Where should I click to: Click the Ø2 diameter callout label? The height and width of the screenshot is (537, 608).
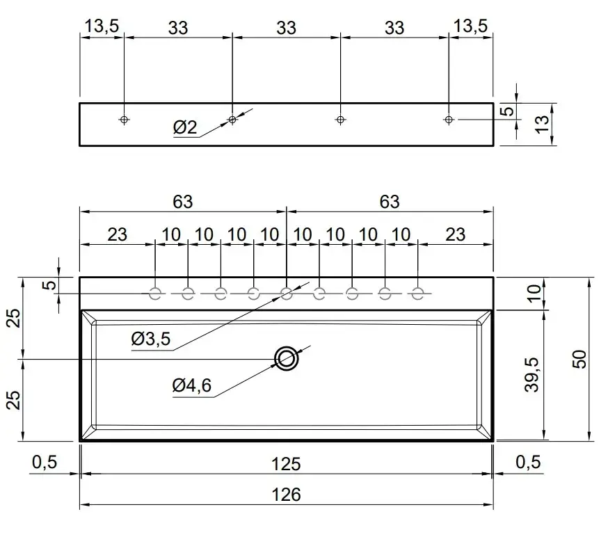coord(185,127)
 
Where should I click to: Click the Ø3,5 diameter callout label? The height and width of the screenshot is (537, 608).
coord(151,339)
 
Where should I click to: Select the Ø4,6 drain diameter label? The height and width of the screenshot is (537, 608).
coord(191,385)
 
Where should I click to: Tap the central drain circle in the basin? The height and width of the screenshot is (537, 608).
coord(287,358)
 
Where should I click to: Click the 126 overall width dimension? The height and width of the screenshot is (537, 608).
coord(286,495)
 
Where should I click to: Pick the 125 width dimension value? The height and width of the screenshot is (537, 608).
coord(286,464)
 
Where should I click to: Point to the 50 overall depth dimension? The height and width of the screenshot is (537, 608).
coord(579,359)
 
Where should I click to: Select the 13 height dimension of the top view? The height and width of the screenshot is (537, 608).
coord(543,124)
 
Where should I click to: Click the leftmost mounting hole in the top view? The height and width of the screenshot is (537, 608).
coord(124,120)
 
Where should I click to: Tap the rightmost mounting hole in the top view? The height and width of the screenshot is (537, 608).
coord(449,120)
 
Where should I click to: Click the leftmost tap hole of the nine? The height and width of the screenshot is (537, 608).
coord(155,294)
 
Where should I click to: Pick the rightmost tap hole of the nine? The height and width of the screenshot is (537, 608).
coord(417,294)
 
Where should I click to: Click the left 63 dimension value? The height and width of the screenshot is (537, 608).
coord(183,202)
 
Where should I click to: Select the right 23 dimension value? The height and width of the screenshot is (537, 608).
coord(455,234)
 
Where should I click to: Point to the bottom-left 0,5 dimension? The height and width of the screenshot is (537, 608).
coord(45,462)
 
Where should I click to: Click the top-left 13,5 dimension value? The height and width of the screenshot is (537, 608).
coord(102,26)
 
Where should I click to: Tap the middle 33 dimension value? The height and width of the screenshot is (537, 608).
coord(286,28)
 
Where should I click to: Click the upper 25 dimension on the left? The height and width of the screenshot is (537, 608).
coord(14,318)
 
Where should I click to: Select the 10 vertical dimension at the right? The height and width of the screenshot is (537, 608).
coord(534,294)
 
